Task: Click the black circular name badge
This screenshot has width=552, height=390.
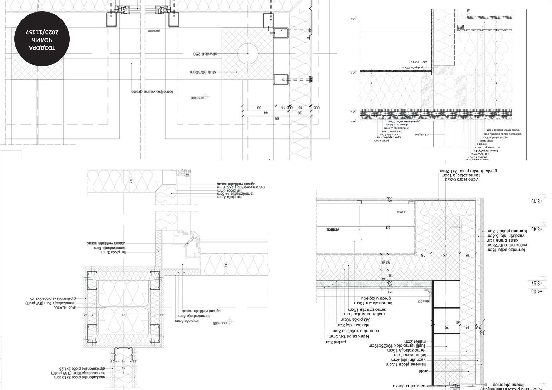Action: coord(42,39)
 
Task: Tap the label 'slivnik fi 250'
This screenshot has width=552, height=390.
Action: coord(205,54)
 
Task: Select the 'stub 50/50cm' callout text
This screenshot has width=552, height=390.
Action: coord(203,72)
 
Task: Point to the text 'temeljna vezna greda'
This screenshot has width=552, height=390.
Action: coord(152,92)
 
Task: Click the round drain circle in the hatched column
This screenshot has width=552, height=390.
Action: coord(248,53)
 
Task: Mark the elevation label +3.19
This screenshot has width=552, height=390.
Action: coord(537,201)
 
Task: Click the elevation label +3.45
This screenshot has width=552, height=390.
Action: coord(537,229)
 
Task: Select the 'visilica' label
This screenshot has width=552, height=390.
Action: coord(333,229)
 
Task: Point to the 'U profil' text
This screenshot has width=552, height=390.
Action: coord(402,212)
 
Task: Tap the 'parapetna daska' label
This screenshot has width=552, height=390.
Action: coord(409,386)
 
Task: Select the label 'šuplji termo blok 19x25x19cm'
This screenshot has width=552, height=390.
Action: coord(397,346)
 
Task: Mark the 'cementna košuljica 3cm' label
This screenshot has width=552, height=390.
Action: coord(356,331)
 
